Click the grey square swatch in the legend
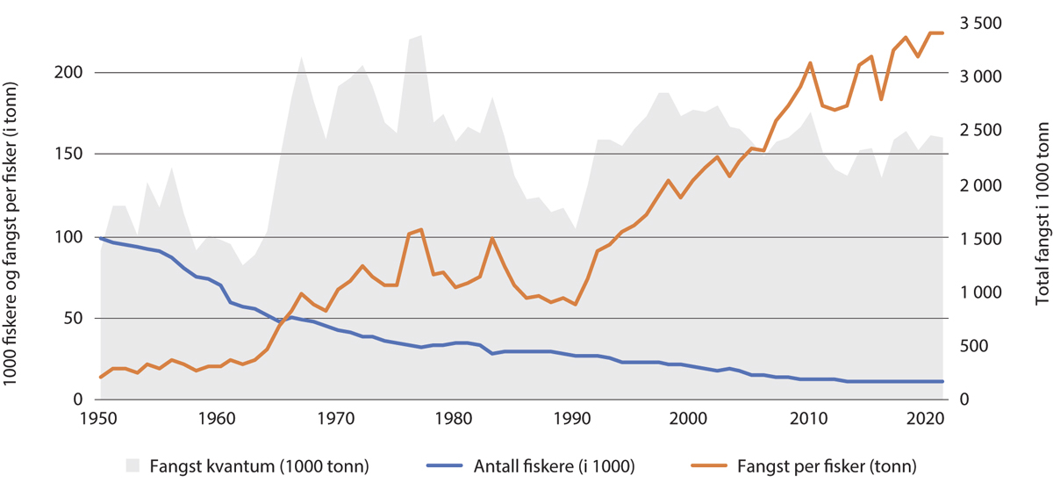[x=133, y=465]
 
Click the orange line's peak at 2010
[x=808, y=62]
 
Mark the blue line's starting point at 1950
[x=101, y=238]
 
